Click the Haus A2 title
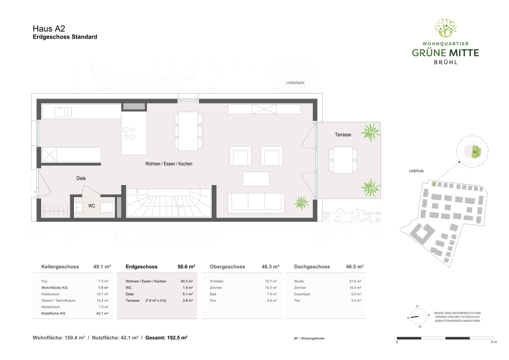pyautogui.click(x=49, y=28)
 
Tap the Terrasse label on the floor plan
pyautogui.click(x=343, y=135)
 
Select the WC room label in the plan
pyautogui.click(x=92, y=206)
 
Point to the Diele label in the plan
pyautogui.click(x=81, y=178)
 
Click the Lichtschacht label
pyautogui.click(x=295, y=83)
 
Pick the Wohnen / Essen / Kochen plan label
pyautogui.click(x=169, y=164)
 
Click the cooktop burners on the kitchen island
pyautogui.click(x=129, y=133)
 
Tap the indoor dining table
pyautogui.click(x=188, y=131)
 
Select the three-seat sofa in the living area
pyautogui.click(x=256, y=203)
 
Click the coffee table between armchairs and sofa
pyautogui.click(x=256, y=179)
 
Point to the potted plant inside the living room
pyautogui.click(x=301, y=203)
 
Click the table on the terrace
pyautogui.click(x=343, y=160)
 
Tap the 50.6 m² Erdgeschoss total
pyautogui.click(x=186, y=267)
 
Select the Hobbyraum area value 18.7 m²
pyautogui.click(x=103, y=294)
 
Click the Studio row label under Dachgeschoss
pyautogui.click(x=299, y=281)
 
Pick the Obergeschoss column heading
pyautogui.click(x=227, y=267)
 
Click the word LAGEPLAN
pyautogui.click(x=416, y=171)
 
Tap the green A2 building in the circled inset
pyautogui.click(x=475, y=152)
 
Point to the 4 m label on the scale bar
pyautogui.click(x=494, y=342)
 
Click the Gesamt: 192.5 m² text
pyautogui.click(x=166, y=338)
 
